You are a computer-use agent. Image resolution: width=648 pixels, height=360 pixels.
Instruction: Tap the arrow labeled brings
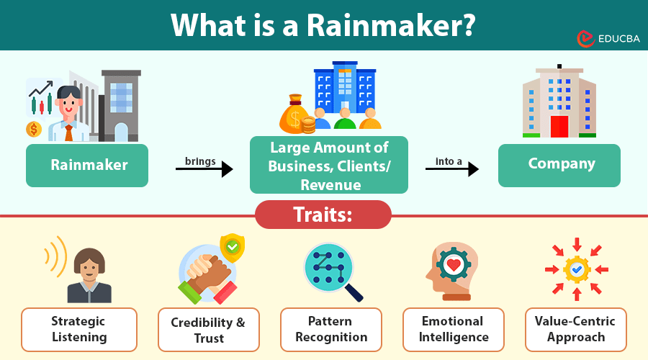pos(204,169)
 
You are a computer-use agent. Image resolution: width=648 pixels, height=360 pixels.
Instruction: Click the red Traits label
pos(323,215)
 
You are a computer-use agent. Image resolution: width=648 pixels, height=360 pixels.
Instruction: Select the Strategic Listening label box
pos(78,329)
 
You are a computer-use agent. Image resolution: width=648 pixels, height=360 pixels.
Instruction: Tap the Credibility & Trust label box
pos(208,330)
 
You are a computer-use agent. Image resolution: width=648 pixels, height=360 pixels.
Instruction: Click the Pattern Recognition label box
pos(330,329)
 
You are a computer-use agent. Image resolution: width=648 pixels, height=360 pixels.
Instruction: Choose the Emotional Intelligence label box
pos(453,329)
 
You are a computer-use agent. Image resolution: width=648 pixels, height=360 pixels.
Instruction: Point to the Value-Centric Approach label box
pos(575,329)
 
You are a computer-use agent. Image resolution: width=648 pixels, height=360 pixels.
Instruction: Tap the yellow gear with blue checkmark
pos(577,269)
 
